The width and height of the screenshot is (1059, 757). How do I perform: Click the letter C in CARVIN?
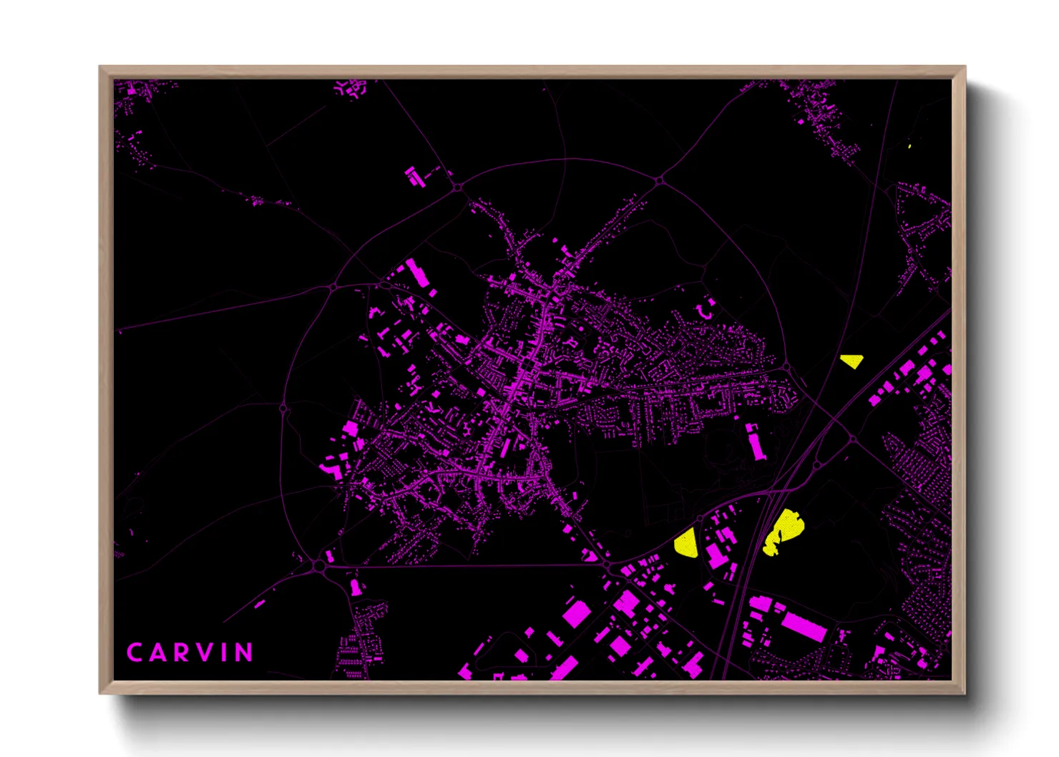pos(134,653)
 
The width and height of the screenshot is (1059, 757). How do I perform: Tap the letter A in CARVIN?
pos(157,653)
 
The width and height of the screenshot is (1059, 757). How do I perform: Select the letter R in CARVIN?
pos(182,653)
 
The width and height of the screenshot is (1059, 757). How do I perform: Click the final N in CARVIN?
pos(245,653)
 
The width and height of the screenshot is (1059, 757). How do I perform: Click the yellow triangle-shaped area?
pos(852,361)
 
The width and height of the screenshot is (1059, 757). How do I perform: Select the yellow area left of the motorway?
pos(686,543)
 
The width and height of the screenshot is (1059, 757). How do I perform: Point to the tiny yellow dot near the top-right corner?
pos(909,146)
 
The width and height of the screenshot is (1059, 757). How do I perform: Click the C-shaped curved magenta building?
pos(705,309)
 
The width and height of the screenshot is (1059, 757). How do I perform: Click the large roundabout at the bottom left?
pos(318,566)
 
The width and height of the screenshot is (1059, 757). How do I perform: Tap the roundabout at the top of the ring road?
pos(457,187)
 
